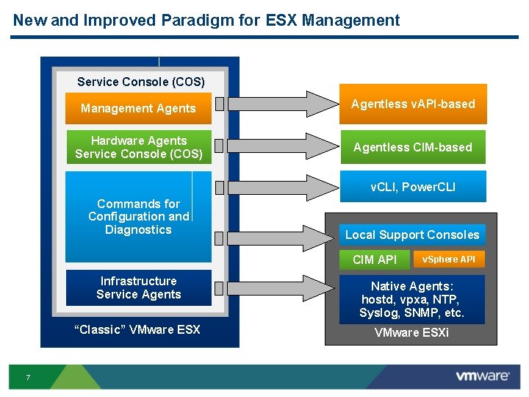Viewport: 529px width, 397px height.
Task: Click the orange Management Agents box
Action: click(x=138, y=108)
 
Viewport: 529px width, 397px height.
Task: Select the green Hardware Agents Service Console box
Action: click(x=138, y=147)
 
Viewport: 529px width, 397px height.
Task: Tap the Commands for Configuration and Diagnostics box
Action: click(x=138, y=217)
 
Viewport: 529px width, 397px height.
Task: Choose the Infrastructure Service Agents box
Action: click(x=138, y=287)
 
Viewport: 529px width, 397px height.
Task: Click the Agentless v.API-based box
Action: click(x=413, y=104)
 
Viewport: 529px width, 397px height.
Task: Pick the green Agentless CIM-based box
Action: click(x=413, y=147)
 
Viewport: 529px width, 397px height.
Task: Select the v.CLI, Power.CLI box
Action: click(x=413, y=187)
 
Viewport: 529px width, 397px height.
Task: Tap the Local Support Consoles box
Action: click(x=412, y=235)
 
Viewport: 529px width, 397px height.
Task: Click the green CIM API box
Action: click(x=374, y=260)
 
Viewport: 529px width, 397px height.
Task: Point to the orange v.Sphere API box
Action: click(x=448, y=259)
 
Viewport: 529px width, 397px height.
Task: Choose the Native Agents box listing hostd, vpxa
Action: click(x=412, y=300)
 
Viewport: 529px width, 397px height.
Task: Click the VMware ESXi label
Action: click(x=411, y=333)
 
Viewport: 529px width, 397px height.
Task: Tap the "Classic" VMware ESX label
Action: click(x=137, y=329)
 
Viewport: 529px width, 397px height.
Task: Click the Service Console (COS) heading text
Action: click(x=141, y=82)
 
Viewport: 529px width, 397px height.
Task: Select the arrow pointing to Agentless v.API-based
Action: click(x=276, y=104)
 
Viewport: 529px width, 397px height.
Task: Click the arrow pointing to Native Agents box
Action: click(x=276, y=287)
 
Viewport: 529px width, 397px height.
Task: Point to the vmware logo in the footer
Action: click(x=482, y=376)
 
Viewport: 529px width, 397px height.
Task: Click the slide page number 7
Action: click(x=27, y=377)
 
